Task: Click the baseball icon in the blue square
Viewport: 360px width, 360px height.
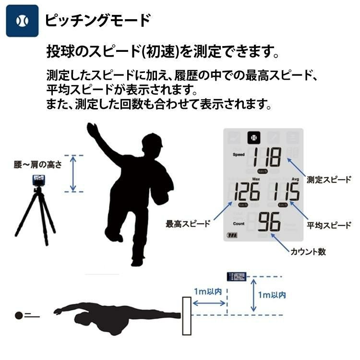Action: tap(22, 21)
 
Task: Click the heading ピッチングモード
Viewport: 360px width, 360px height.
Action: tap(97, 20)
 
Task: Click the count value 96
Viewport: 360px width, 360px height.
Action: tap(269, 222)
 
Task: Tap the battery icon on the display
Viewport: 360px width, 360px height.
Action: tap(232, 236)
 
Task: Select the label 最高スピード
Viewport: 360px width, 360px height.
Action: tap(188, 224)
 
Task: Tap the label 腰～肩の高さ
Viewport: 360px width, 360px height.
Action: tap(38, 165)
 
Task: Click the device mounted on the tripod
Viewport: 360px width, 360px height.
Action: tap(38, 180)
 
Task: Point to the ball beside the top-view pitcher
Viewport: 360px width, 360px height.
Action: tap(19, 315)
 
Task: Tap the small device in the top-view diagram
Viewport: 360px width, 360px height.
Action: tap(236, 276)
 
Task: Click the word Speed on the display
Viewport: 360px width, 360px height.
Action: tap(239, 155)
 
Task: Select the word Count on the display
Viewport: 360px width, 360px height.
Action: tap(239, 224)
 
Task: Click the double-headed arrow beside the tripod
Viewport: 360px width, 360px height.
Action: tap(72, 173)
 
